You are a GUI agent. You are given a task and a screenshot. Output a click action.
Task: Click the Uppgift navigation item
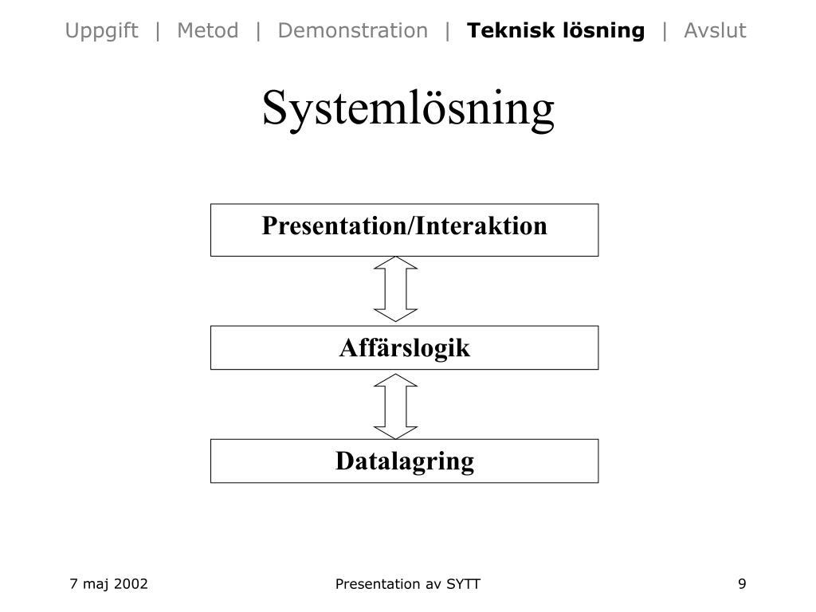click(x=101, y=31)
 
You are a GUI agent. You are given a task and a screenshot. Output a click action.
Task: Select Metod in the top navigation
click(x=207, y=31)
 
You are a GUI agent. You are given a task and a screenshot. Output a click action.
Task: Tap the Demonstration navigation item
click(x=352, y=31)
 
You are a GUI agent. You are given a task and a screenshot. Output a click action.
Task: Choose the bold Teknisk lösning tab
click(x=555, y=31)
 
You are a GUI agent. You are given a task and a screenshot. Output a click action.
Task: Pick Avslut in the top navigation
click(x=715, y=31)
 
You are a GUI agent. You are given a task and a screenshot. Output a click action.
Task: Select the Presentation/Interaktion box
click(x=404, y=229)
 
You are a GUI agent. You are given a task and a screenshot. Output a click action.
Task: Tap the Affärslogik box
click(x=404, y=347)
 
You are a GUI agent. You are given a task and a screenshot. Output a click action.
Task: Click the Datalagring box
click(x=404, y=461)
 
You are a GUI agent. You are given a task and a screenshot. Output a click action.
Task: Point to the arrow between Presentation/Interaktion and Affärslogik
click(x=396, y=288)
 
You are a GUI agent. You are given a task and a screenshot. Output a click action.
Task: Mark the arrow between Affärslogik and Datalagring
click(x=396, y=406)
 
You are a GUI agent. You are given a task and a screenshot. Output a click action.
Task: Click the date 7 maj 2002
click(x=108, y=584)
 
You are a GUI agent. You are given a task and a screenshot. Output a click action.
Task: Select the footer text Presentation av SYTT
click(x=407, y=584)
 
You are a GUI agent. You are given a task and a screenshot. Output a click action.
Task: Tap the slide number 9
click(x=742, y=584)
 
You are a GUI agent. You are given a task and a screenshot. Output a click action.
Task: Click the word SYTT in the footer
click(x=463, y=584)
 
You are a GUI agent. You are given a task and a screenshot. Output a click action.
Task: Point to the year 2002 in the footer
click(x=131, y=584)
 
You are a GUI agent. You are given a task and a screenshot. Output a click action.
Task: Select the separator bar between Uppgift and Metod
click(x=159, y=31)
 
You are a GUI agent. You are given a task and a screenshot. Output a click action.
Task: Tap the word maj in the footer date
click(x=95, y=585)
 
